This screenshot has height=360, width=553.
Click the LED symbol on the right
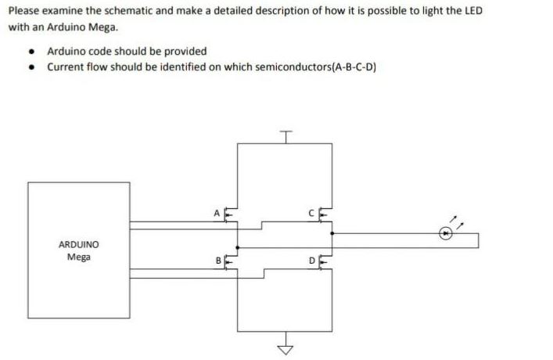click(x=446, y=232)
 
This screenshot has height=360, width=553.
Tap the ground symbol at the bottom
click(x=287, y=348)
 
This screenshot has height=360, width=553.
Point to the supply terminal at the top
click(x=287, y=134)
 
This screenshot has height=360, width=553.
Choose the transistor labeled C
click(x=325, y=213)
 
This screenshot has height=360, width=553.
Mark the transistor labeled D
click(x=326, y=261)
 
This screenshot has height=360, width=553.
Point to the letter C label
click(x=311, y=212)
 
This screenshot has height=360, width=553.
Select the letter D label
click(x=311, y=259)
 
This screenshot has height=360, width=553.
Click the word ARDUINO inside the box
click(x=78, y=244)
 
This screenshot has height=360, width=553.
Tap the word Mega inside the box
click(x=78, y=256)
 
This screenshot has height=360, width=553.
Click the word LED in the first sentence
click(x=474, y=12)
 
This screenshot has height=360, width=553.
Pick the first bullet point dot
click(x=31, y=52)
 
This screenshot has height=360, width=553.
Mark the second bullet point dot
click(x=31, y=67)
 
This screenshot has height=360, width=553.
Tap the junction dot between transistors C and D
click(x=332, y=232)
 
